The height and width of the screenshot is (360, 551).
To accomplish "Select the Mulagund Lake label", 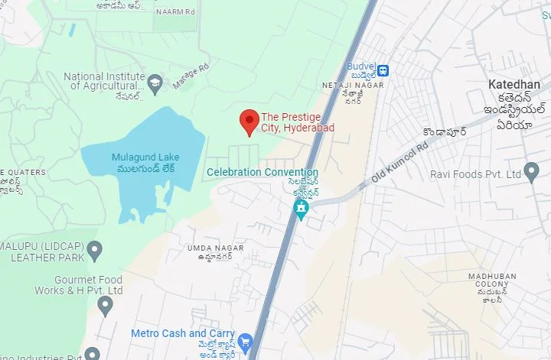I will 145,157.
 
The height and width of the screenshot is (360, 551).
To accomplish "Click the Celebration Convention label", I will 262,172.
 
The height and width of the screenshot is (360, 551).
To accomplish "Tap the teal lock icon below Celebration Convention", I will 302,208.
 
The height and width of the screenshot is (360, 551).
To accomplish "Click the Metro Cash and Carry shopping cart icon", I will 245,341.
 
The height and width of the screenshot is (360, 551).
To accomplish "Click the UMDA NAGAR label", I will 215,248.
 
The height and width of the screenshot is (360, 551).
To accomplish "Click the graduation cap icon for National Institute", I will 155,83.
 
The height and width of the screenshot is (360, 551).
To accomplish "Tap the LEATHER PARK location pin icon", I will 94,249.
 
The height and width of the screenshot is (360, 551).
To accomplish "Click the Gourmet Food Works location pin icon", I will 106,306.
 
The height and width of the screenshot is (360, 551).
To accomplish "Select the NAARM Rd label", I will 175,12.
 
